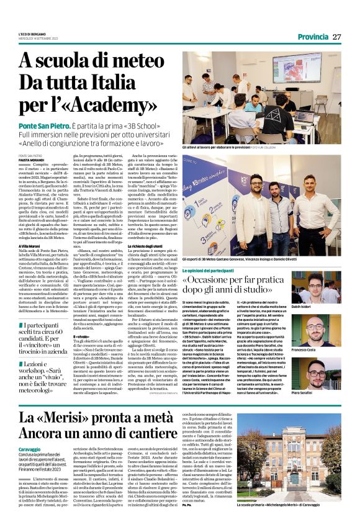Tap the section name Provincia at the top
tap(312, 37)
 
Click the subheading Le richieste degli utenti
tap(169, 263)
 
